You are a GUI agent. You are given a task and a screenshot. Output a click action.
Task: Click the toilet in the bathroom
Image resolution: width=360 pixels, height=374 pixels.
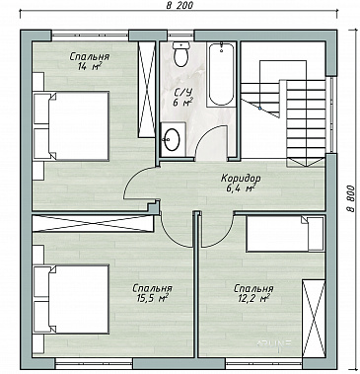pos(180,54)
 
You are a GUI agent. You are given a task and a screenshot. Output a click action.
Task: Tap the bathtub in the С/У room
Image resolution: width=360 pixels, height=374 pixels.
pos(221,74)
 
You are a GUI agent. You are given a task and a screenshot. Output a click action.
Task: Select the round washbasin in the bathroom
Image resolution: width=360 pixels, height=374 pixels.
pos(172,139)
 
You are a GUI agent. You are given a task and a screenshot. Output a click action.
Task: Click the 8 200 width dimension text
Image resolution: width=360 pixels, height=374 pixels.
pos(180,5)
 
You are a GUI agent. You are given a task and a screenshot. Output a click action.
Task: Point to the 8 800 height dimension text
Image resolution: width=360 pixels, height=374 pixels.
pos(350,198)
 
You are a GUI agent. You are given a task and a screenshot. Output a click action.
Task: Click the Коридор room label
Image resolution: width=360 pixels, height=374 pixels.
pos(241,178)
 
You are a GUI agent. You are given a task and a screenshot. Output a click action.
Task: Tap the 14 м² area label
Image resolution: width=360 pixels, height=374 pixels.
pos(89,66)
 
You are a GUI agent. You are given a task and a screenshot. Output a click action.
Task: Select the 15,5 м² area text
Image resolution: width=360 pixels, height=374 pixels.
pos(152,298)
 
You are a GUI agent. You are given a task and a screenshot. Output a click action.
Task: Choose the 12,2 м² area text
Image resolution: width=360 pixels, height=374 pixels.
pos(253,298)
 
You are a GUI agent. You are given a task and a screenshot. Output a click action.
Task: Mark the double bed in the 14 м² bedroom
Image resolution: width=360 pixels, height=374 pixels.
pos(71,126)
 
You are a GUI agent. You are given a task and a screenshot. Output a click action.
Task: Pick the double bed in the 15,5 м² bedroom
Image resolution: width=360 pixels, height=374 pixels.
pos(71,299)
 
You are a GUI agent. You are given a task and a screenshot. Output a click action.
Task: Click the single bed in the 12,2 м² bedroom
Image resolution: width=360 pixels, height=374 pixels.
pos(285,234)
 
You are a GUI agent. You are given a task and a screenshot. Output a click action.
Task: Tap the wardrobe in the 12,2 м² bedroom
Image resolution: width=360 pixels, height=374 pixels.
pos(314,318)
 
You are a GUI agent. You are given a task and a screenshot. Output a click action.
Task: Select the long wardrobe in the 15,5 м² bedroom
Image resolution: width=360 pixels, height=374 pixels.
pos(93,224)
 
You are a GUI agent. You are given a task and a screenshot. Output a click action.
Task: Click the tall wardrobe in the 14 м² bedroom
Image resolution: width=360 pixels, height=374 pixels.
pos(146,89)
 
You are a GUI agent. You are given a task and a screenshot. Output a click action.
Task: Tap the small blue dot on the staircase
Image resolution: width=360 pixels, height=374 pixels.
pos(259,108)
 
